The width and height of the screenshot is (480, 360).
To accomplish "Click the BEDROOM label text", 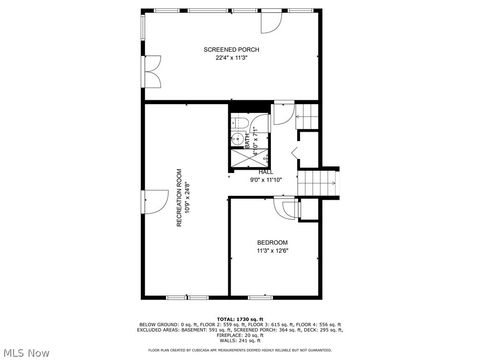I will pos(272,243).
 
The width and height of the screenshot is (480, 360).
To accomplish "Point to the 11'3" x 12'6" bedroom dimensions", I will pos(272,251).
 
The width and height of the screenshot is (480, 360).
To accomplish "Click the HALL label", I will pos(266,172).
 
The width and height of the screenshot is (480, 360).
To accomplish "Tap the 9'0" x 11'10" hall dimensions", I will pos(266,180).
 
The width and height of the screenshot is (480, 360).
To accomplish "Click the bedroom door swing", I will pos(289,209).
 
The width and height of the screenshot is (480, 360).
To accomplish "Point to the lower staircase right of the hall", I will pos(317,184).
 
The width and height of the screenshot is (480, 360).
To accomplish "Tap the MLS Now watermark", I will pos(26,352).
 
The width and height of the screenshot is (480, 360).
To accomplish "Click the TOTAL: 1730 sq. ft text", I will pos(239,319).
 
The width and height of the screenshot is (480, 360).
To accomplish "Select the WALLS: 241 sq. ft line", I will pos(239,339).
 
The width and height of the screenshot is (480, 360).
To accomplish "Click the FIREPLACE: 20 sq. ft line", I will pos(239,334).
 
